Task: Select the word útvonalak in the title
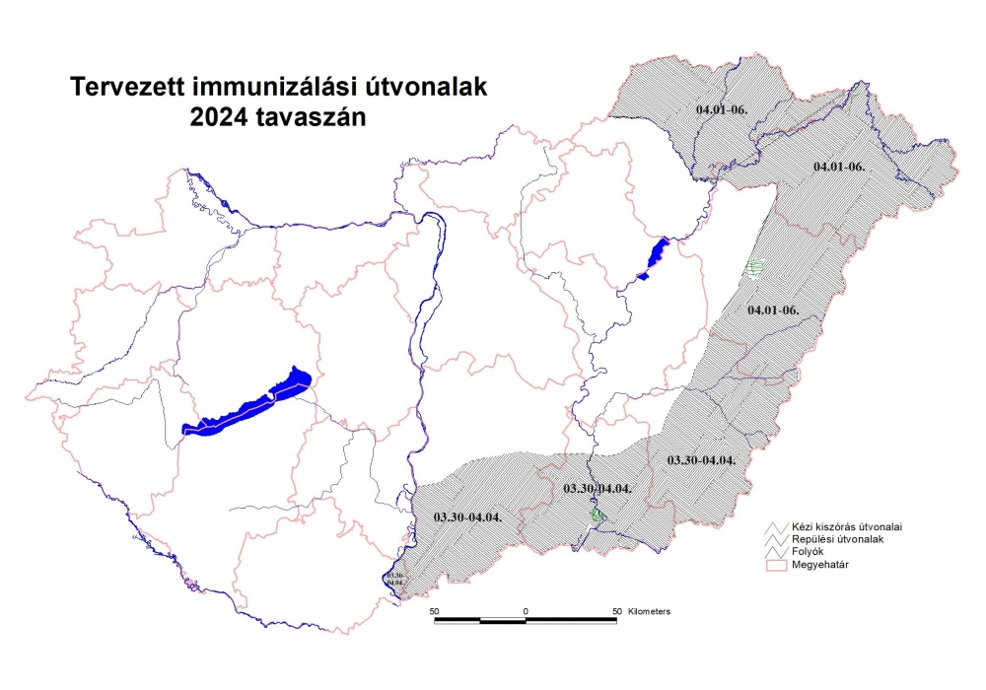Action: (430, 88)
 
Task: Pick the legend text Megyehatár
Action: (813, 565)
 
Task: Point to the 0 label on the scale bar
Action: (526, 612)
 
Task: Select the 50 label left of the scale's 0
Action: (434, 612)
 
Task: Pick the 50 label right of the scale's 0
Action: (616, 612)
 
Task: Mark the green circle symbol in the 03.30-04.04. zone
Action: (596, 515)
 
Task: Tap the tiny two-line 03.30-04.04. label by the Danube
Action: (394, 579)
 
